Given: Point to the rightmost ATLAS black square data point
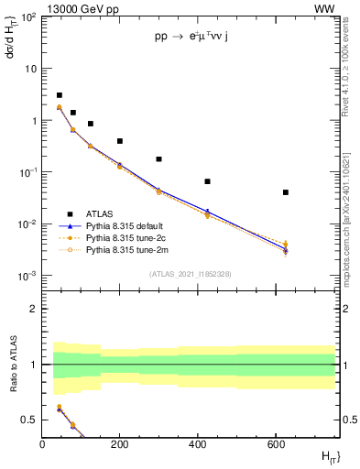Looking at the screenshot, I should click(287, 192).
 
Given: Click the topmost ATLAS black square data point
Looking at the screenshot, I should click(60, 95).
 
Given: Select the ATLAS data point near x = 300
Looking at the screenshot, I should click(158, 159).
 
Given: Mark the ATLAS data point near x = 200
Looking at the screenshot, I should click(120, 141).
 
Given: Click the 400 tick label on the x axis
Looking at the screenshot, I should click(198, 445).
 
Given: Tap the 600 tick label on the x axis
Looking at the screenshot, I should click(276, 445).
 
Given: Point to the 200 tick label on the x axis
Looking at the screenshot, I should click(120, 445).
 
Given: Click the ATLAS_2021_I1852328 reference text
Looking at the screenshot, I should click(190, 274).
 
